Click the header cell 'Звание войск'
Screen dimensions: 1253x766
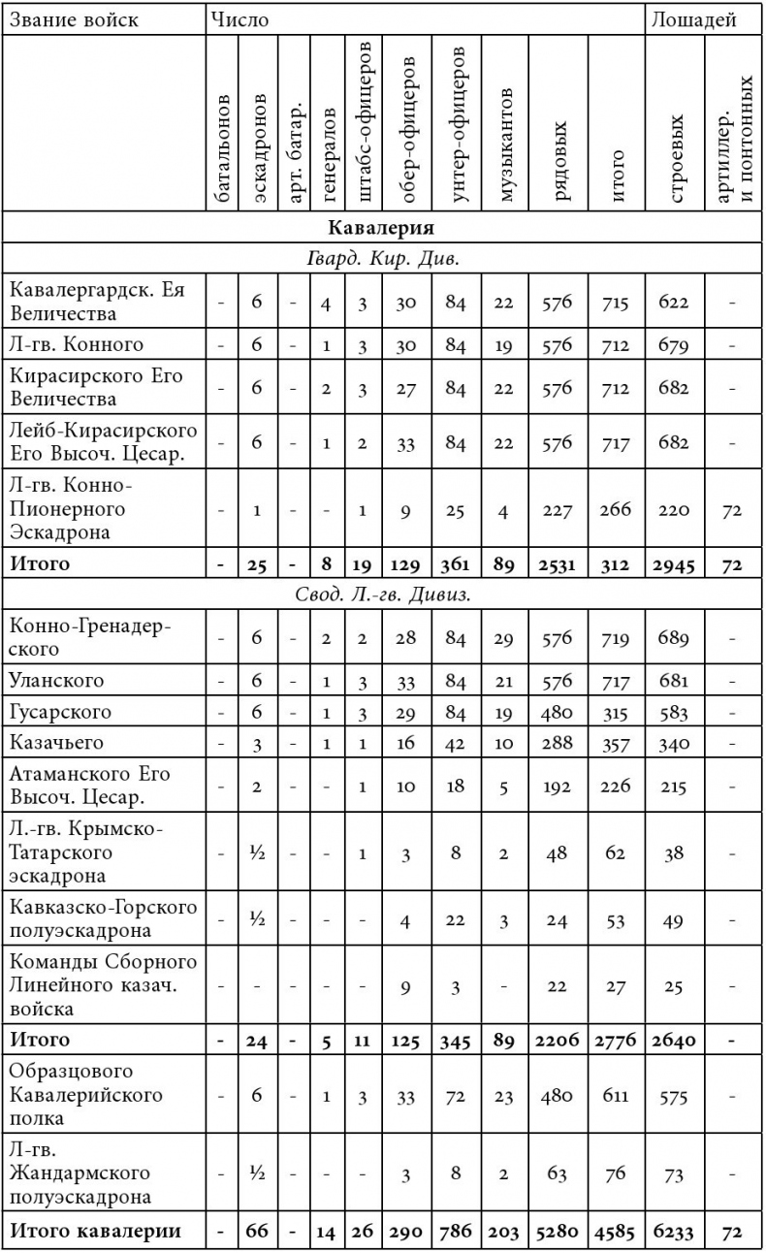pyautogui.click(x=72, y=19)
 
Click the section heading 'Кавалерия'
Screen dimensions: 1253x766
pyautogui.click(x=381, y=229)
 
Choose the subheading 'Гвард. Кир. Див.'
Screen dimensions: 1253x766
pyautogui.click(x=381, y=260)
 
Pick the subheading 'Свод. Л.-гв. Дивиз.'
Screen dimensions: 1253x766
pyautogui.click(x=381, y=594)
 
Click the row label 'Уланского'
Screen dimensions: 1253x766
pyautogui.click(x=56, y=680)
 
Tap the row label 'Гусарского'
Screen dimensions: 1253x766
pyautogui.click(x=60, y=712)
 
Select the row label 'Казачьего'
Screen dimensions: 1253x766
pyautogui.click(x=57, y=744)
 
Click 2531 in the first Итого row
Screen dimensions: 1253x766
pyautogui.click(x=558, y=563)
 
